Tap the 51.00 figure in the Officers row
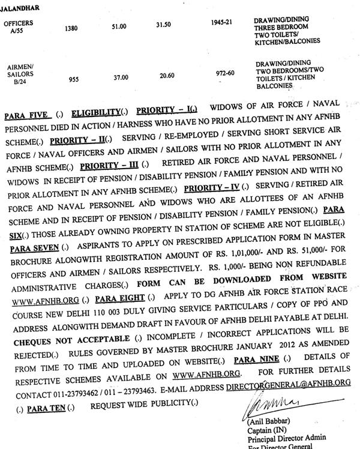120,27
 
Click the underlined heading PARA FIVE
26,115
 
